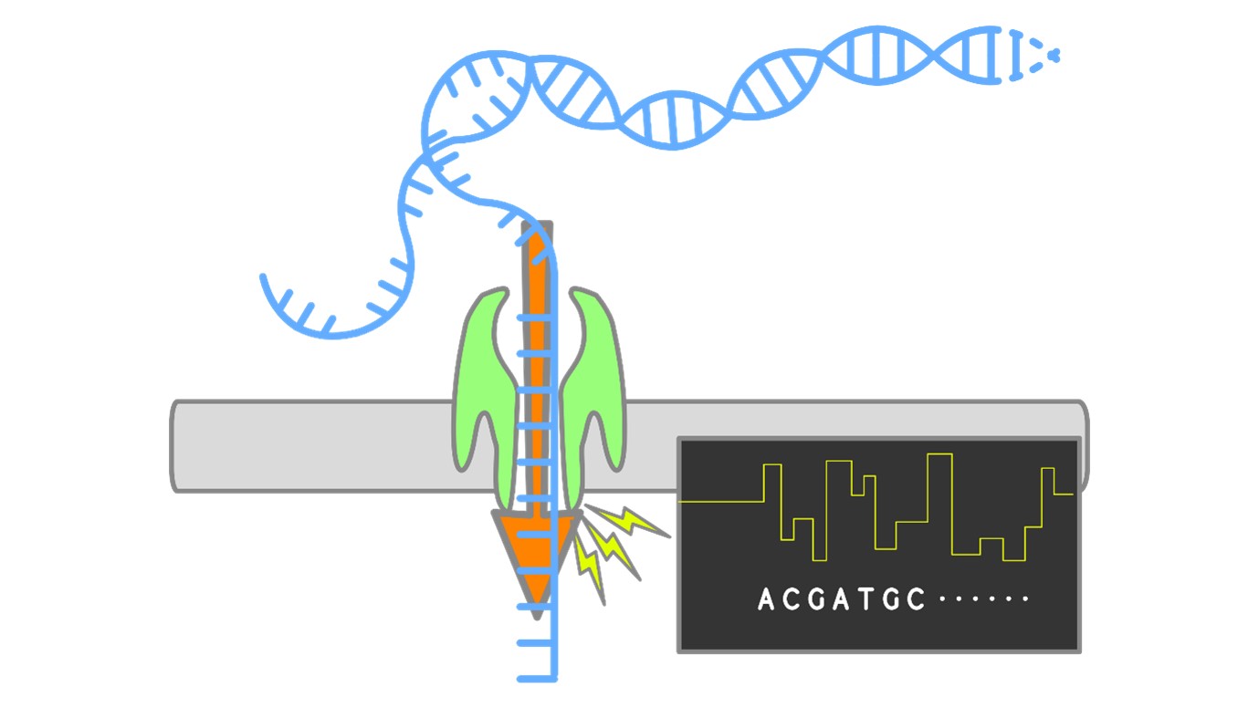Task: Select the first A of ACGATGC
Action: coord(767,599)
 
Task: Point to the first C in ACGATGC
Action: coord(791,599)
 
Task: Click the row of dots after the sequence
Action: coord(984,599)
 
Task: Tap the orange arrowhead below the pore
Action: coord(536,557)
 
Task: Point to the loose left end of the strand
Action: coord(264,276)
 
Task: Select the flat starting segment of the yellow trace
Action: coord(721,502)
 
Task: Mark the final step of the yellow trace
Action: coord(1063,494)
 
